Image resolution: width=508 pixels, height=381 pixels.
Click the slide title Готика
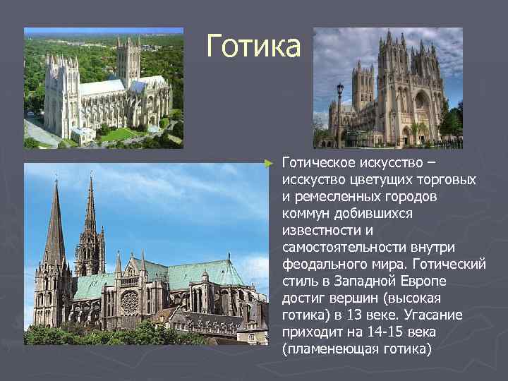click(253, 47)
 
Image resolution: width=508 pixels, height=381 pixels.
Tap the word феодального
click(320, 264)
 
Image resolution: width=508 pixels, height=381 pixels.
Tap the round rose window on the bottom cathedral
click(130, 302)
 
